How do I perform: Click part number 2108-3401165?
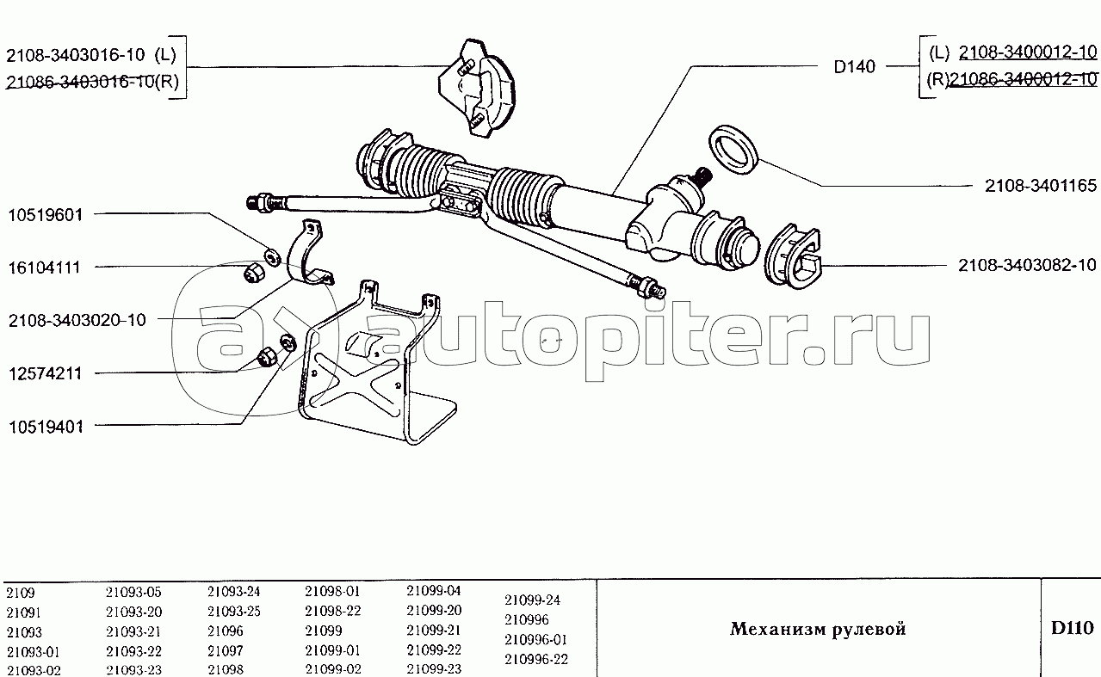pos(1040,185)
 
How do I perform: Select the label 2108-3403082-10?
pos(1027,265)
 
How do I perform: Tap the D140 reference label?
pos(854,66)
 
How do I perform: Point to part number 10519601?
pos(46,215)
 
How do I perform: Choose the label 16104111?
pos(44,268)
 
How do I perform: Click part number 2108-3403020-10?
pos(77,320)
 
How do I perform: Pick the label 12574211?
pos(46,373)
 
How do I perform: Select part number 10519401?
pos(46,427)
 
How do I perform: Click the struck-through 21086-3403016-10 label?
pos(80,81)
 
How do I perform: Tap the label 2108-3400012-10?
pos(1028,52)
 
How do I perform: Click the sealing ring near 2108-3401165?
pos(733,150)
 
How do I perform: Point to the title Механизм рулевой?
pos(818,628)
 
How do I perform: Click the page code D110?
pos(1072,627)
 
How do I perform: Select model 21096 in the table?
pos(226,631)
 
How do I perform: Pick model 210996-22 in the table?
pos(535,659)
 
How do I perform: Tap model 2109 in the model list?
pos(20,593)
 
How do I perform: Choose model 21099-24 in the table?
pos(532,600)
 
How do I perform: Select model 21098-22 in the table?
pos(333,611)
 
